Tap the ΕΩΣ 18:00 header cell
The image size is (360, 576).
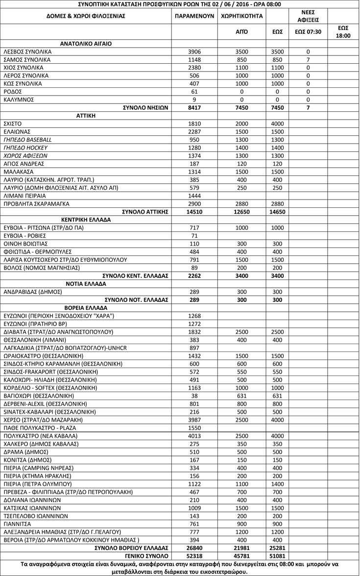click(x=343, y=32)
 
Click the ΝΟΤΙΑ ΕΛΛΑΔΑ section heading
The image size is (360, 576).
click(x=85, y=284)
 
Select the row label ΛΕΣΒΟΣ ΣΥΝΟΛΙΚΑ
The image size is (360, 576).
click(x=27, y=51)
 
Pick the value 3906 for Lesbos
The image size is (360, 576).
click(x=194, y=51)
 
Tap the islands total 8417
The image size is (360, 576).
click(x=194, y=108)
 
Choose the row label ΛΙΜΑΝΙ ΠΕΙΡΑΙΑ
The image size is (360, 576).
click(x=24, y=196)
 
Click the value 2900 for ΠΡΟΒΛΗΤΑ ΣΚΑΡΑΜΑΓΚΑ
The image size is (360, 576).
click(x=194, y=203)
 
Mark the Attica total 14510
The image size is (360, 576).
click(x=194, y=212)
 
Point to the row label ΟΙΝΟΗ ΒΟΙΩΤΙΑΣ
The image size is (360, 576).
click(x=25, y=244)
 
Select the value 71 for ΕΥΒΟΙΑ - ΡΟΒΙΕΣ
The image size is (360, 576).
click(x=194, y=236)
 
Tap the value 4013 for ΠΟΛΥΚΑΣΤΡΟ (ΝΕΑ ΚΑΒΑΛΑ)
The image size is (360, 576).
click(x=194, y=436)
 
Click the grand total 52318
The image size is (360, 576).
click(x=194, y=556)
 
